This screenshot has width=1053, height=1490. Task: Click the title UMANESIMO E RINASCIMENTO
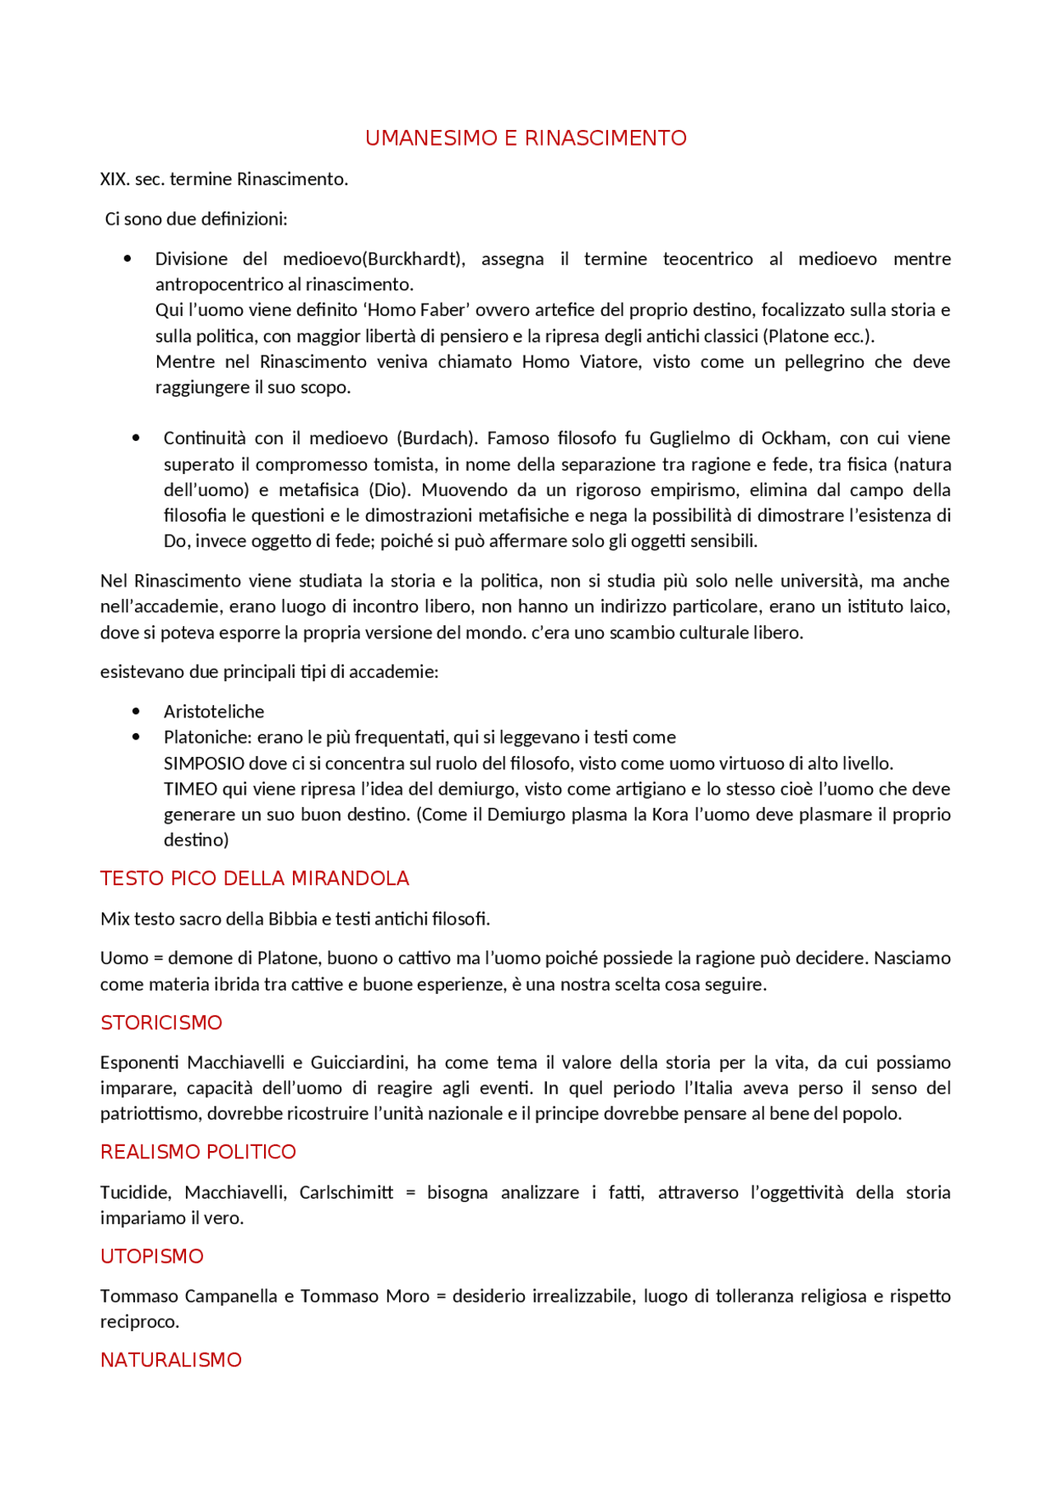click(526, 138)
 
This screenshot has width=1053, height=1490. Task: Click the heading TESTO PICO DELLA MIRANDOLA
click(254, 879)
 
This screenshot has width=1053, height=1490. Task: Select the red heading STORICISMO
click(161, 1023)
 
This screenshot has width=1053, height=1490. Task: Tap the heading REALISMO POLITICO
click(197, 1152)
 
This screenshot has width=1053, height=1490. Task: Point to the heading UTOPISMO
click(151, 1256)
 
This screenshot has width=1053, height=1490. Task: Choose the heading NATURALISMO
click(171, 1360)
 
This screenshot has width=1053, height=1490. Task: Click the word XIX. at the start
click(114, 179)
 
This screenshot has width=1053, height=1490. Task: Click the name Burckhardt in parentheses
click(413, 259)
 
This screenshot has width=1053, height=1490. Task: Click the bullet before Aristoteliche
click(136, 712)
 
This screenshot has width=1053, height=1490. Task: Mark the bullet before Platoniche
click(136, 737)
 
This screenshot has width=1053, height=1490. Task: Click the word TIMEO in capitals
click(190, 789)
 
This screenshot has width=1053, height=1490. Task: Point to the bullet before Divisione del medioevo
click(128, 259)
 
